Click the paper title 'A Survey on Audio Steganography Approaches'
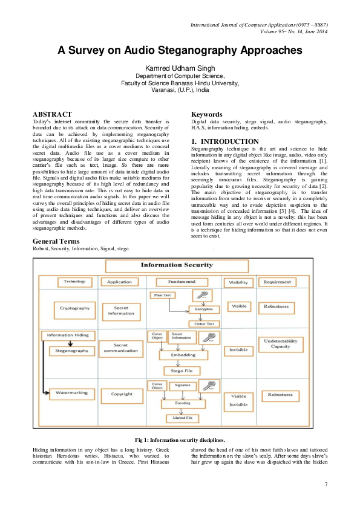[180, 50]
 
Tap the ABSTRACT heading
[52, 114]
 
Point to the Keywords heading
[207, 114]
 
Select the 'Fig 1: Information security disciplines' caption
[180, 439]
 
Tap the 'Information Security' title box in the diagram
[177, 265]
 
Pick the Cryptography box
[74, 308]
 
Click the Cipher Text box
[204, 323]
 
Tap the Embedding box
[183, 355]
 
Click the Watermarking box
[72, 393]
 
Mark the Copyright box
[122, 394]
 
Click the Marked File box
[182, 418]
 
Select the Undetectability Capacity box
[280, 344]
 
